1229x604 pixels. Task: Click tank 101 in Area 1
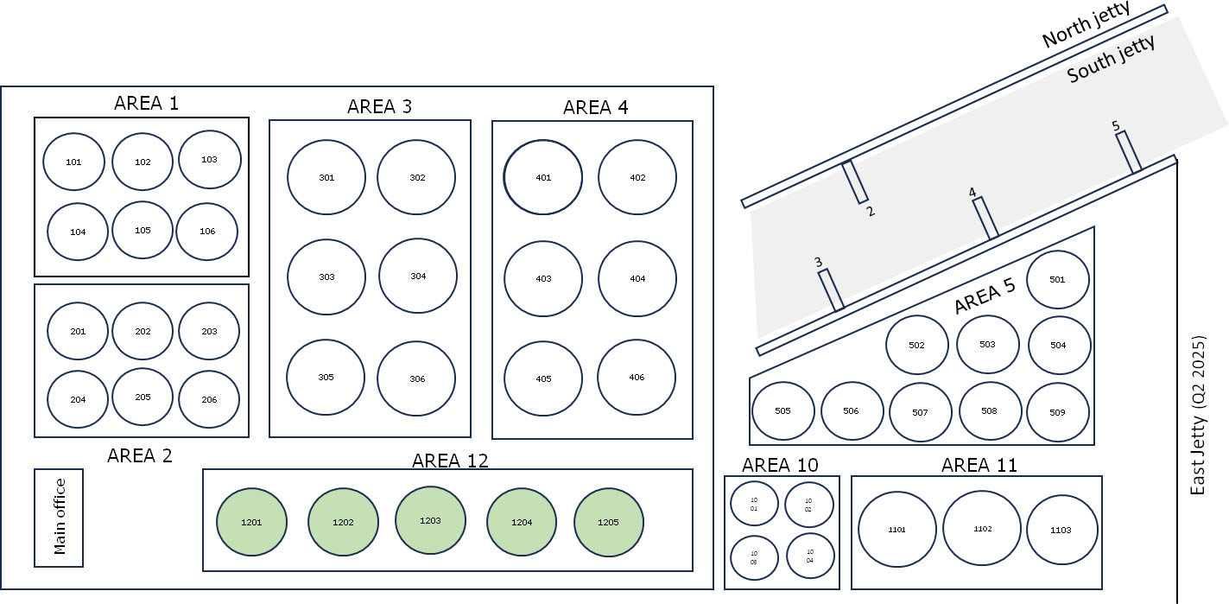[x=73, y=162]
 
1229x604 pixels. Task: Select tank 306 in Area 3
[x=417, y=378]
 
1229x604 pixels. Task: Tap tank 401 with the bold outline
[x=543, y=178]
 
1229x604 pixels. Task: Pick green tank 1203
[x=430, y=521]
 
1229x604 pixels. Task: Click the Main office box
[x=59, y=518]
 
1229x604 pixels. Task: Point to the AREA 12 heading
[x=450, y=460]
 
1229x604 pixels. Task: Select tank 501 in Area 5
[x=1057, y=280]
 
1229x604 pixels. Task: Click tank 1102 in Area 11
[x=982, y=529]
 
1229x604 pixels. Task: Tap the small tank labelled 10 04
[x=810, y=556]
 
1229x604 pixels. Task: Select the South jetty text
[x=1111, y=61]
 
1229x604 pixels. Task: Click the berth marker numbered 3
[x=830, y=290]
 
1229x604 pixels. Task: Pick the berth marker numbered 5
[x=1128, y=151]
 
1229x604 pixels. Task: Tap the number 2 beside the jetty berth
[x=871, y=211]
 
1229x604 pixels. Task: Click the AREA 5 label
[x=985, y=297]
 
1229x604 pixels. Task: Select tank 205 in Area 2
[x=143, y=397]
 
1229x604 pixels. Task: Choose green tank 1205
[x=609, y=523]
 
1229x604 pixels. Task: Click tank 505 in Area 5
[x=782, y=411]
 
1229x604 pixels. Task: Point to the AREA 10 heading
[x=780, y=465]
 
